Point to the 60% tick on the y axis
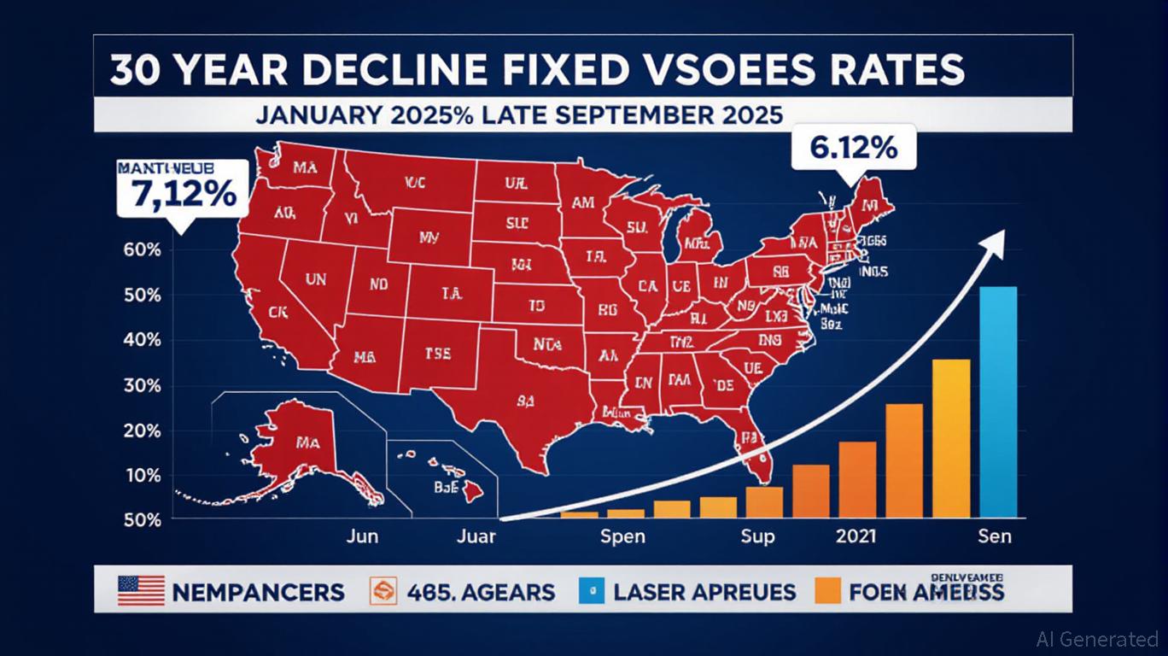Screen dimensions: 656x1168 (x=142, y=250)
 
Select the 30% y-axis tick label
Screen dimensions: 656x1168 (x=142, y=385)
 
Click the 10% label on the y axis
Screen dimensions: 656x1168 (x=142, y=475)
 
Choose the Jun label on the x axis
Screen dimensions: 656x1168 (x=362, y=536)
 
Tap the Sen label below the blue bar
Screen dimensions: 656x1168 (x=995, y=536)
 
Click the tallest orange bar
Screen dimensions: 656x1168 (x=950, y=437)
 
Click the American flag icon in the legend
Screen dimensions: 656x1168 (x=141, y=591)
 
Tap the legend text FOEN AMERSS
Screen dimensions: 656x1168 (x=925, y=592)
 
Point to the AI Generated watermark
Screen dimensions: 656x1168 (x=1096, y=638)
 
